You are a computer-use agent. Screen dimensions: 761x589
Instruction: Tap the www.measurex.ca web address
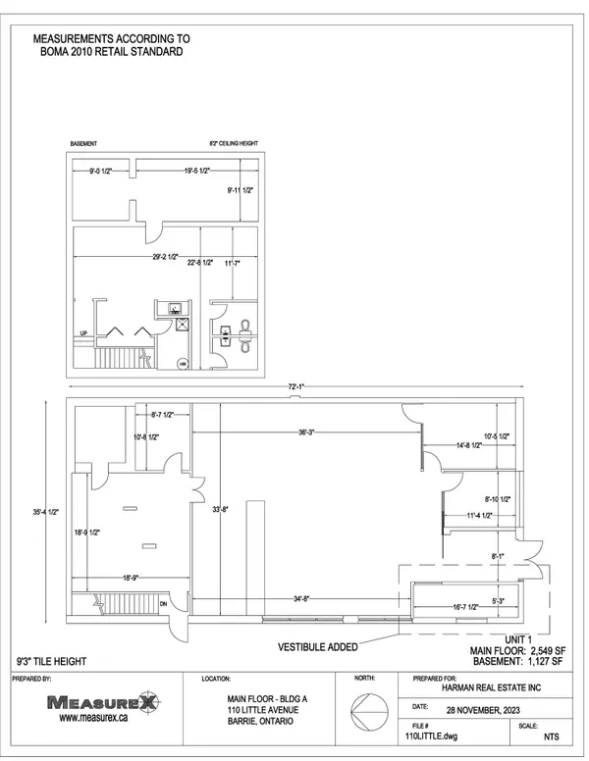[x=96, y=718]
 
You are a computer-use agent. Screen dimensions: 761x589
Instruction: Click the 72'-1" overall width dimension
[x=295, y=388]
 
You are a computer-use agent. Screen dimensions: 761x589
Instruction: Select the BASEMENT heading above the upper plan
[x=82, y=143]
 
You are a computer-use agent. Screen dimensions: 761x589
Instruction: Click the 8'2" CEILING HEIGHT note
[x=233, y=143]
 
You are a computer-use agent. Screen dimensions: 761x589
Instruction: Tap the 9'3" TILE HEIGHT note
[x=50, y=662]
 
